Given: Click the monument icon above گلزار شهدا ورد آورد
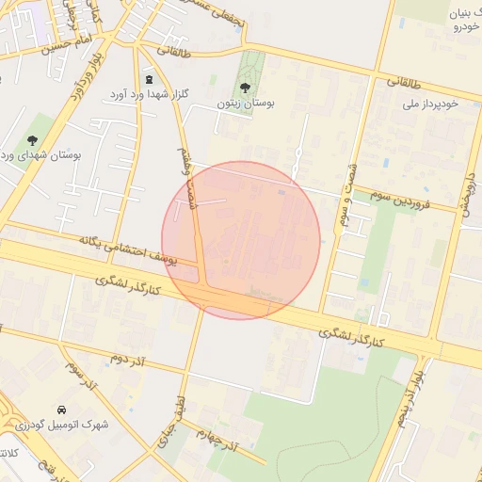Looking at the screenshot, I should pyautogui.click(x=149, y=79).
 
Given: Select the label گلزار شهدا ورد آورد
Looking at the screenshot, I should pyautogui.click(x=149, y=94).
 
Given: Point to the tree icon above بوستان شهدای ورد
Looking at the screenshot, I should pyautogui.click(x=32, y=140).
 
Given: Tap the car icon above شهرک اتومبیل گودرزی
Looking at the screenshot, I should pyautogui.click(x=61, y=410).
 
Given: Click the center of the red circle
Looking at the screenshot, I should pyautogui.click(x=241, y=240).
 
